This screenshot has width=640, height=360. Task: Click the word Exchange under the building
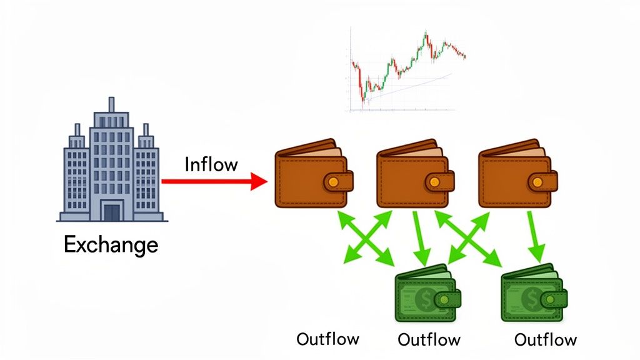tap(111, 244)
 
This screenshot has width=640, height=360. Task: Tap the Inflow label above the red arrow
tap(211, 164)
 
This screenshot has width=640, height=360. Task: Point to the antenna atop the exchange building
tap(111, 104)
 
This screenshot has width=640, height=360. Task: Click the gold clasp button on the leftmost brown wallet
tap(333, 182)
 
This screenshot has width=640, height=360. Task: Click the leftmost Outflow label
tap(327, 339)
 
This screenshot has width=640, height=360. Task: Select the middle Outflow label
tap(429, 340)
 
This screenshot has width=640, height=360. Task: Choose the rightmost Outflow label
tap(545, 340)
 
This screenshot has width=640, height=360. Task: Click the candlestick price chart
tap(407, 69)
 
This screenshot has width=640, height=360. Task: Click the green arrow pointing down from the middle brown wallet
tap(420, 237)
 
